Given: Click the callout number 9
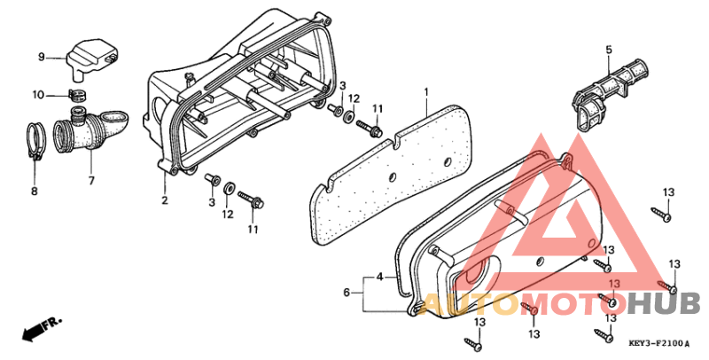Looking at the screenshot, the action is (x=41, y=58).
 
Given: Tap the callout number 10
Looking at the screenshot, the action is (x=38, y=95).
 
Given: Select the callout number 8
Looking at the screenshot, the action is (x=35, y=192).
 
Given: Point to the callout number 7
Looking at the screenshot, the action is (x=91, y=181).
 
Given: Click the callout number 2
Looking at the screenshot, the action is (x=165, y=200).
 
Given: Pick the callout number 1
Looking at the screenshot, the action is (x=425, y=93).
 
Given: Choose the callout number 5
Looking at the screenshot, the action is (x=609, y=50).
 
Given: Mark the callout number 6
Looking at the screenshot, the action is (x=347, y=293).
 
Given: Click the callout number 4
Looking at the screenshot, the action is (x=380, y=277).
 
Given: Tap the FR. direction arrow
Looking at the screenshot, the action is (x=41, y=329).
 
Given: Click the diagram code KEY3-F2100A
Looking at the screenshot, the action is (x=659, y=344).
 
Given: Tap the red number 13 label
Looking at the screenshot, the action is (x=614, y=284).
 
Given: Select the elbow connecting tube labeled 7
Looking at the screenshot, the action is (x=90, y=130).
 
